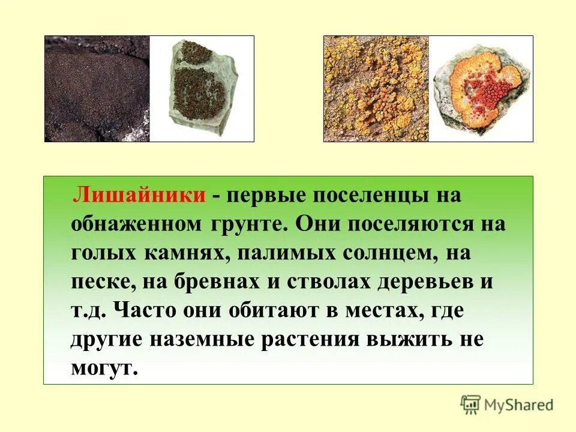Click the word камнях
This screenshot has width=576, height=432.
click(x=185, y=253)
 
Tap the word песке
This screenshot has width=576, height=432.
click(x=103, y=281)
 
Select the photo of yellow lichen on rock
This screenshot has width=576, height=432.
click(x=376, y=88)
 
